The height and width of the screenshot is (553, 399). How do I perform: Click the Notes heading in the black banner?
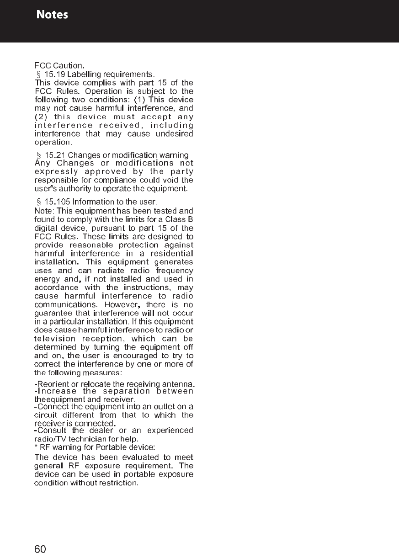pos(53,15)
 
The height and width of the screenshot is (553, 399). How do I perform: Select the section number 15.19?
pos(54,74)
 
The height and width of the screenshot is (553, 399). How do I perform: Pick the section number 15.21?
pos(54,155)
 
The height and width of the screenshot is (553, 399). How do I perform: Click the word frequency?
pos(174,270)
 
